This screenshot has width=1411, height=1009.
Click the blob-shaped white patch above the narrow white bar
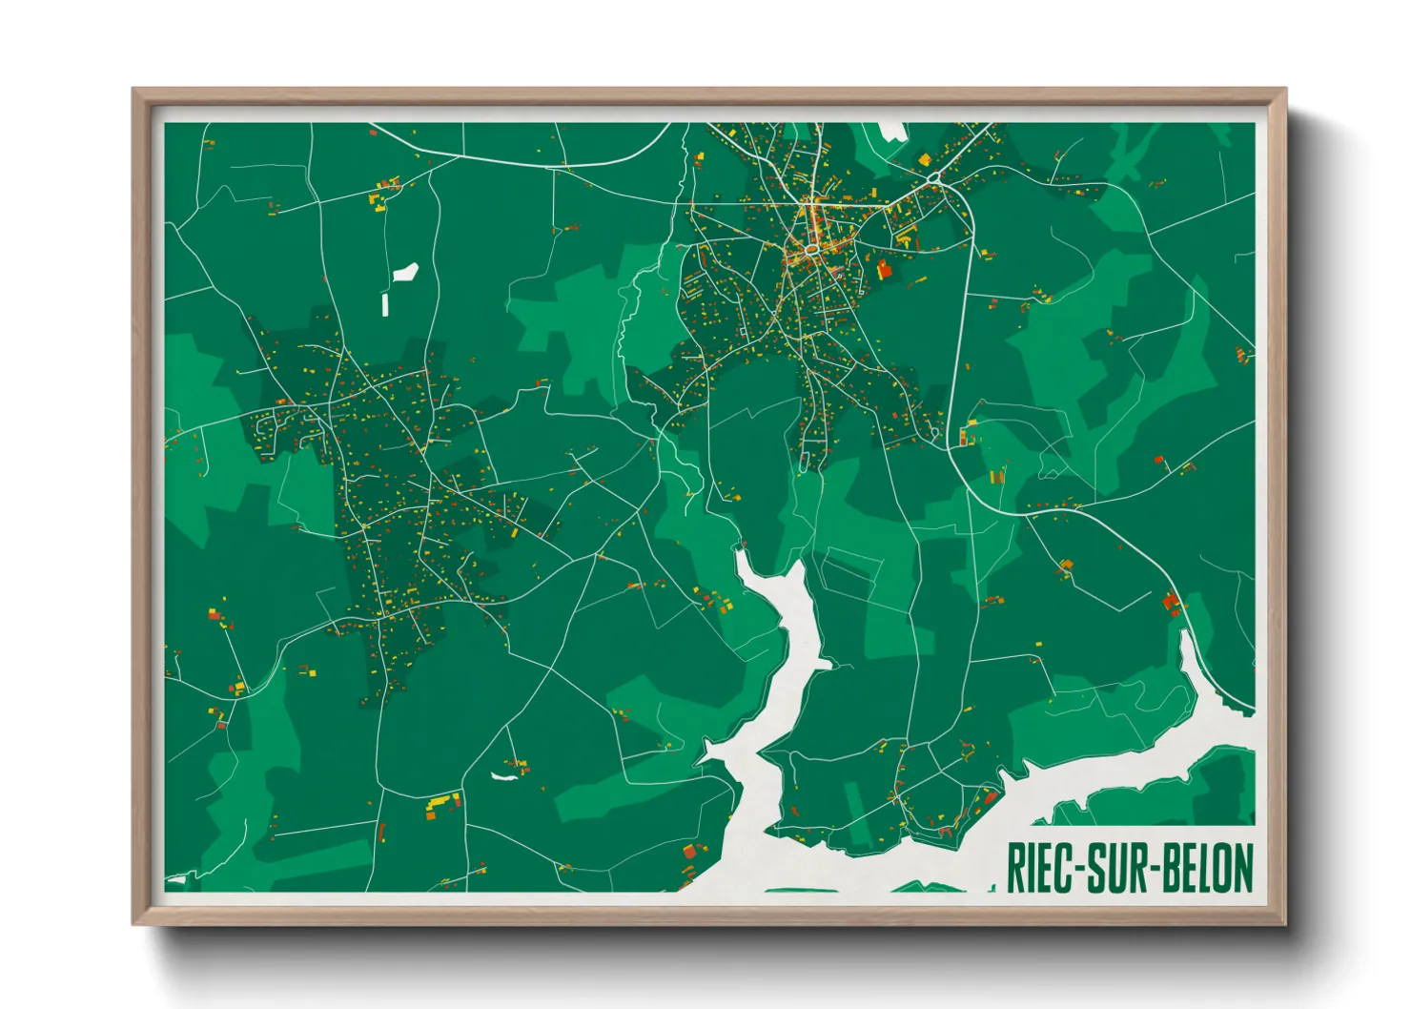tap(407, 272)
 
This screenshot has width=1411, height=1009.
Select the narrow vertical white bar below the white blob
tap(385, 305)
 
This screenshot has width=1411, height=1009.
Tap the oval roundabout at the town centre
tap(809, 249)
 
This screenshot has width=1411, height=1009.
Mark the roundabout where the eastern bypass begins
tap(934, 178)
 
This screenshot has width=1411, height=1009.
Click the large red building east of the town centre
tap(884, 269)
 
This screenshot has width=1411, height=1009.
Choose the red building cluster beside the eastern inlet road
tap(1172, 602)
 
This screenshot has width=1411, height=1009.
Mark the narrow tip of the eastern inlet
tap(1184, 634)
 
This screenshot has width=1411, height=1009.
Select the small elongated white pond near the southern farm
tap(503, 776)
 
